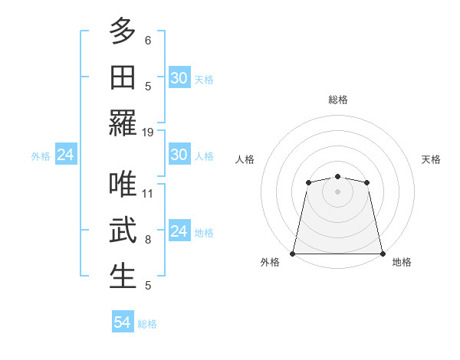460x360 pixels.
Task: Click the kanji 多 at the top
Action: click(123, 31)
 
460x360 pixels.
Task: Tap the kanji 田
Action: click(123, 77)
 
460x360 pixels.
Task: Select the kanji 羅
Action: click(123, 123)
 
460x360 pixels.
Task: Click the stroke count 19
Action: click(148, 132)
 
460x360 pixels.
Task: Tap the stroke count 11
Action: click(148, 193)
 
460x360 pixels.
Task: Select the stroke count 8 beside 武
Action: click(148, 240)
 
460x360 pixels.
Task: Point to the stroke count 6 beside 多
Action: click(148, 40)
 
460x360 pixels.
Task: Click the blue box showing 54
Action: click(123, 322)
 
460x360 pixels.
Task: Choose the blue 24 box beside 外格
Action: click(65, 155)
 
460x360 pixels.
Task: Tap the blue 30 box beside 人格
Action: click(179, 155)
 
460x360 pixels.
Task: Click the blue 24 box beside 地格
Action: click(179, 232)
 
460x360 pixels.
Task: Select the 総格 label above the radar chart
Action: click(337, 100)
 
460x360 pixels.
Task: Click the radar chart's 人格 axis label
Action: click(245, 159)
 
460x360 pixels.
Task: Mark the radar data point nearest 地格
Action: click(382, 254)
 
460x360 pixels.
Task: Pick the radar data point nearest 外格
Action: click(293, 254)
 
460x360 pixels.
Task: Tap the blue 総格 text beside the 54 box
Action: click(147, 324)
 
